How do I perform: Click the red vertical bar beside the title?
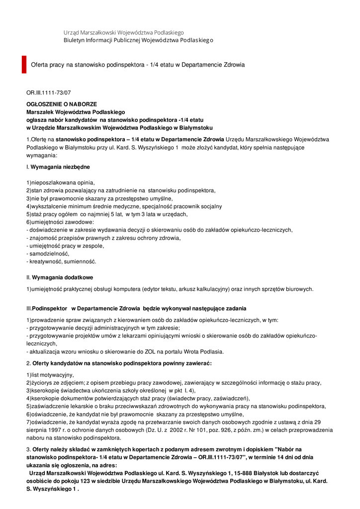(24, 65)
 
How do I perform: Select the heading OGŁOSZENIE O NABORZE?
(62, 104)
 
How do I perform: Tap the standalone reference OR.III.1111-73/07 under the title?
(49, 92)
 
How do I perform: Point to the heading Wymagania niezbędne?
(60, 167)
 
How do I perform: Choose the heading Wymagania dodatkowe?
(62, 277)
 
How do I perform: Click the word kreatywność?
(46, 261)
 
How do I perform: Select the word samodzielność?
(49, 254)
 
